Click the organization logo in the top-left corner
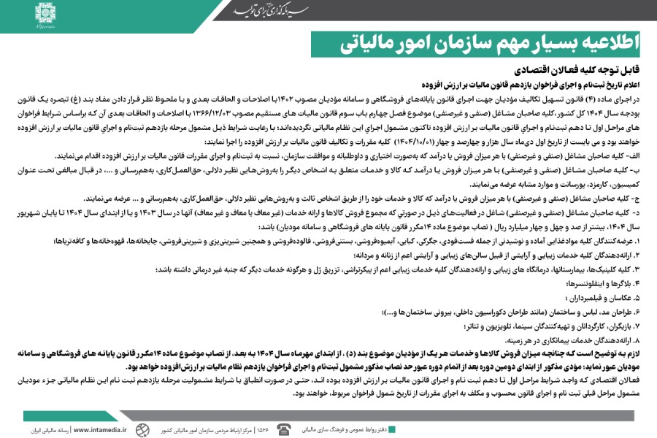point(45,13)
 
